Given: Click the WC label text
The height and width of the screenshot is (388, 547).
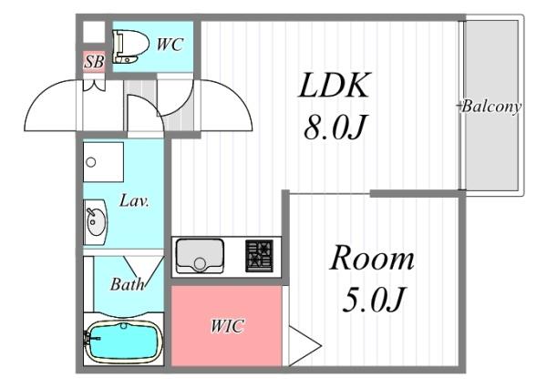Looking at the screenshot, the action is coord(170,45).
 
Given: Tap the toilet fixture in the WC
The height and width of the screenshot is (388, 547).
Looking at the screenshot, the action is coord(130,46).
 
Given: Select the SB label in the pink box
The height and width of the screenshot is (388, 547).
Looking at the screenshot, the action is coord(94,62).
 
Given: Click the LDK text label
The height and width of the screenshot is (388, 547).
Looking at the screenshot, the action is coord(334,85).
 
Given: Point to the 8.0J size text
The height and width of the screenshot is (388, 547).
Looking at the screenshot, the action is coord(335,127).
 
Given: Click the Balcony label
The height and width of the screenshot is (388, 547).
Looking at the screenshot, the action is coord(491,107).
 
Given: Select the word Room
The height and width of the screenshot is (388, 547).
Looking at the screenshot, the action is coord(372,258).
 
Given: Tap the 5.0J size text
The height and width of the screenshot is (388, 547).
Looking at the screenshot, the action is coord(373,299).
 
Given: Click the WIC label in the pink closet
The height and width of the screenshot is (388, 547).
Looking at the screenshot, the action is coord(227,326).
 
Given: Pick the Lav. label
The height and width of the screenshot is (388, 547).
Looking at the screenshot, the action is coord(134,201).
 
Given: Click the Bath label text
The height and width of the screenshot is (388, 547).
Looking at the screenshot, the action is coord(127,284).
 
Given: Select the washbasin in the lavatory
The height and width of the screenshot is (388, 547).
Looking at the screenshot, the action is coord(95,222).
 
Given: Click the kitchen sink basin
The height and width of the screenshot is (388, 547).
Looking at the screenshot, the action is coord(200,256).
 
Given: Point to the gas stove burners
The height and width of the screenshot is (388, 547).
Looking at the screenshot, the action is coord(260,256).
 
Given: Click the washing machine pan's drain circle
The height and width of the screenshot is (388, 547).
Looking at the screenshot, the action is coord(90,162).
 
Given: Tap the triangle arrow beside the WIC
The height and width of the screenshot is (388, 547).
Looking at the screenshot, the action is coord(304,346).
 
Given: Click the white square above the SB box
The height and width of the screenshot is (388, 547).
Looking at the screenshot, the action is coord(94,32).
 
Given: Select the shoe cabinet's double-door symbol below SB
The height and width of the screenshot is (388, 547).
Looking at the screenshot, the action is coord(94,85).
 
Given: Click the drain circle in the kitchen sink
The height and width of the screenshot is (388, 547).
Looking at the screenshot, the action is coord(200,263).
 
